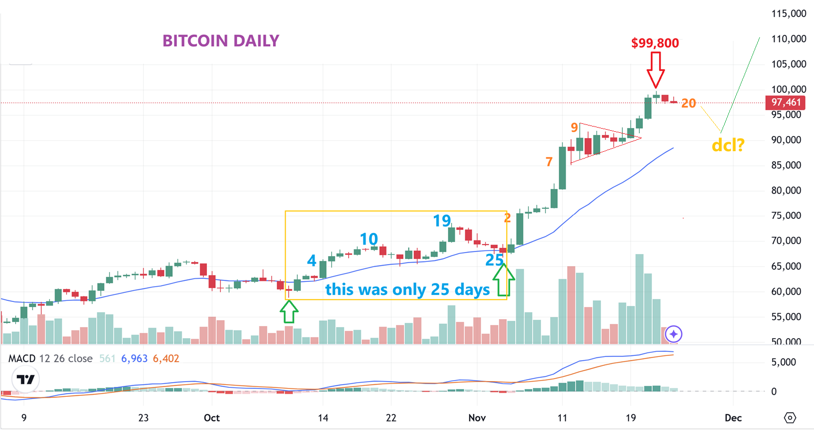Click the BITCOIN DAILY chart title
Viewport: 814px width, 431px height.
[x=221, y=41]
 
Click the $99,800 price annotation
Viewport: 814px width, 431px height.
[x=655, y=43]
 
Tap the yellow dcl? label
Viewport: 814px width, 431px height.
[x=728, y=145]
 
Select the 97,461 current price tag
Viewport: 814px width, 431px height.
[x=786, y=102]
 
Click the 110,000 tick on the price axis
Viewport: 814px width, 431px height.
[x=788, y=39]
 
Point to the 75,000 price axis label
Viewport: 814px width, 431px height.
[x=786, y=216]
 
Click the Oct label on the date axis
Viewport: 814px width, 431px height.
[x=212, y=418]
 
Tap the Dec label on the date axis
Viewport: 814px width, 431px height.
[x=733, y=418]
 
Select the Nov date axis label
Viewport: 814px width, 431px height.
[x=477, y=418]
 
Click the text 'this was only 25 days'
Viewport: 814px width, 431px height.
[x=408, y=289]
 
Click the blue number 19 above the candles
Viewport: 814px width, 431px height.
[x=442, y=221]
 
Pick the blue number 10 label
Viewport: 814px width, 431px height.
[x=369, y=239]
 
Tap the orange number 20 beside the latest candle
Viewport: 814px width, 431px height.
[x=688, y=104]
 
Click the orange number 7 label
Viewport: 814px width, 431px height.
[x=549, y=162]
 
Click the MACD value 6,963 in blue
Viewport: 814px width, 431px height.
[x=134, y=359]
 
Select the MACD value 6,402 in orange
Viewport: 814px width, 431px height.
[x=166, y=359]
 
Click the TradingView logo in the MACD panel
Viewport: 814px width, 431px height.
[x=25, y=379]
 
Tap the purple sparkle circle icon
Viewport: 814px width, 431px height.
[x=674, y=334]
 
